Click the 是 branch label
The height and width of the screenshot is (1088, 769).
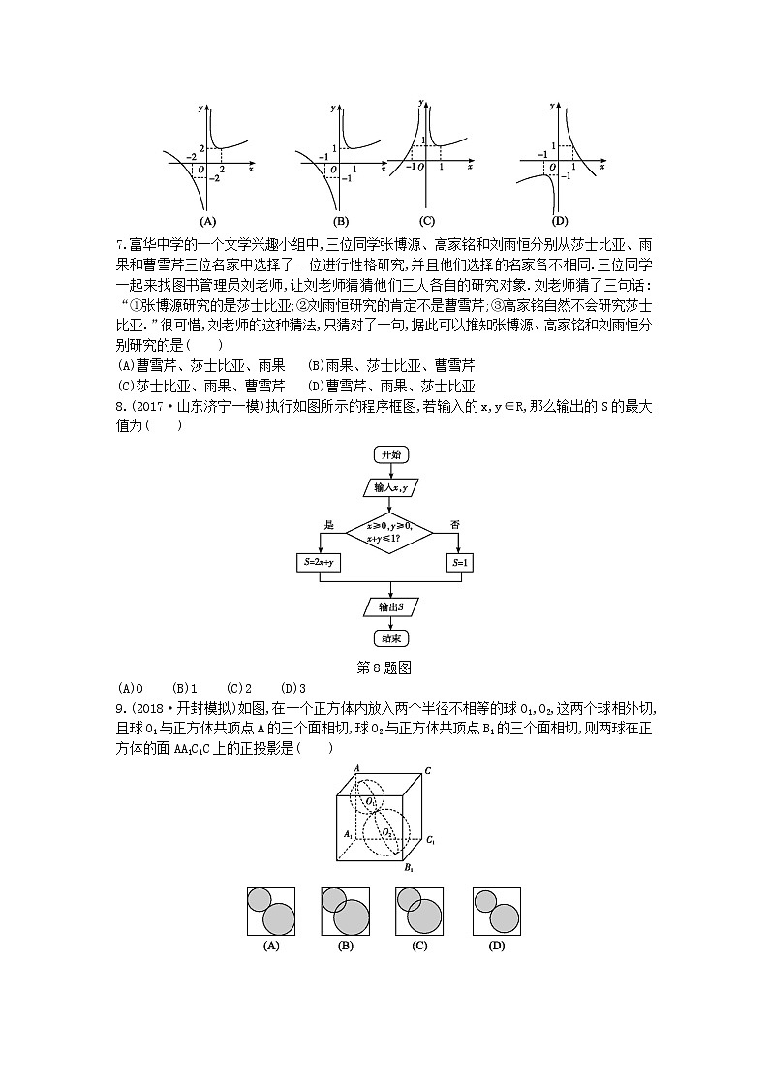click(329, 525)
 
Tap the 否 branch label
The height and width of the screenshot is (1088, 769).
click(454, 525)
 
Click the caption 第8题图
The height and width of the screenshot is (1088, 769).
click(384, 667)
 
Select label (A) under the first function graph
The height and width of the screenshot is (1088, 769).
click(206, 219)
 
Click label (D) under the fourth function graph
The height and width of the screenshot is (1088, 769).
click(560, 219)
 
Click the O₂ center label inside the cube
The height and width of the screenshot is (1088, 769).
click(386, 831)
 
